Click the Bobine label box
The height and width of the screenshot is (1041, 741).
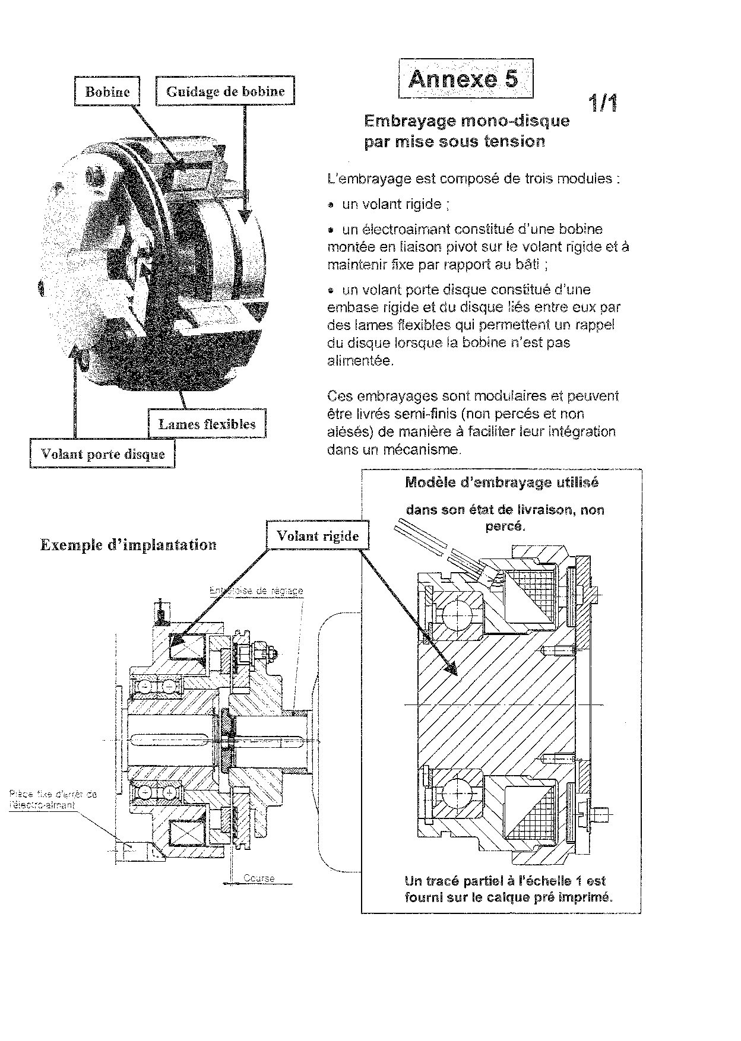107,91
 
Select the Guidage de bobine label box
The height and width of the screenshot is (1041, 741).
225,91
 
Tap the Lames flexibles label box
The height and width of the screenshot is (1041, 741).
207,424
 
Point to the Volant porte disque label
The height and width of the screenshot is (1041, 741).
102,454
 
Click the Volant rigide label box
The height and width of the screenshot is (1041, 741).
318,536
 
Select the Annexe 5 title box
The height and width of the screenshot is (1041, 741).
465,78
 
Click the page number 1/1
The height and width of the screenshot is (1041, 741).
603,104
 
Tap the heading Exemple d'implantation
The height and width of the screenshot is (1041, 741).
128,545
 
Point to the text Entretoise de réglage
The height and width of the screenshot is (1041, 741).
256,591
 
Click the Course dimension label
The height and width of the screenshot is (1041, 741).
259,878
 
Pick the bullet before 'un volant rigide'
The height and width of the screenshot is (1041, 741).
331,205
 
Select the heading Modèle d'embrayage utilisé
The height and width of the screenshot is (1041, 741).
502,483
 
